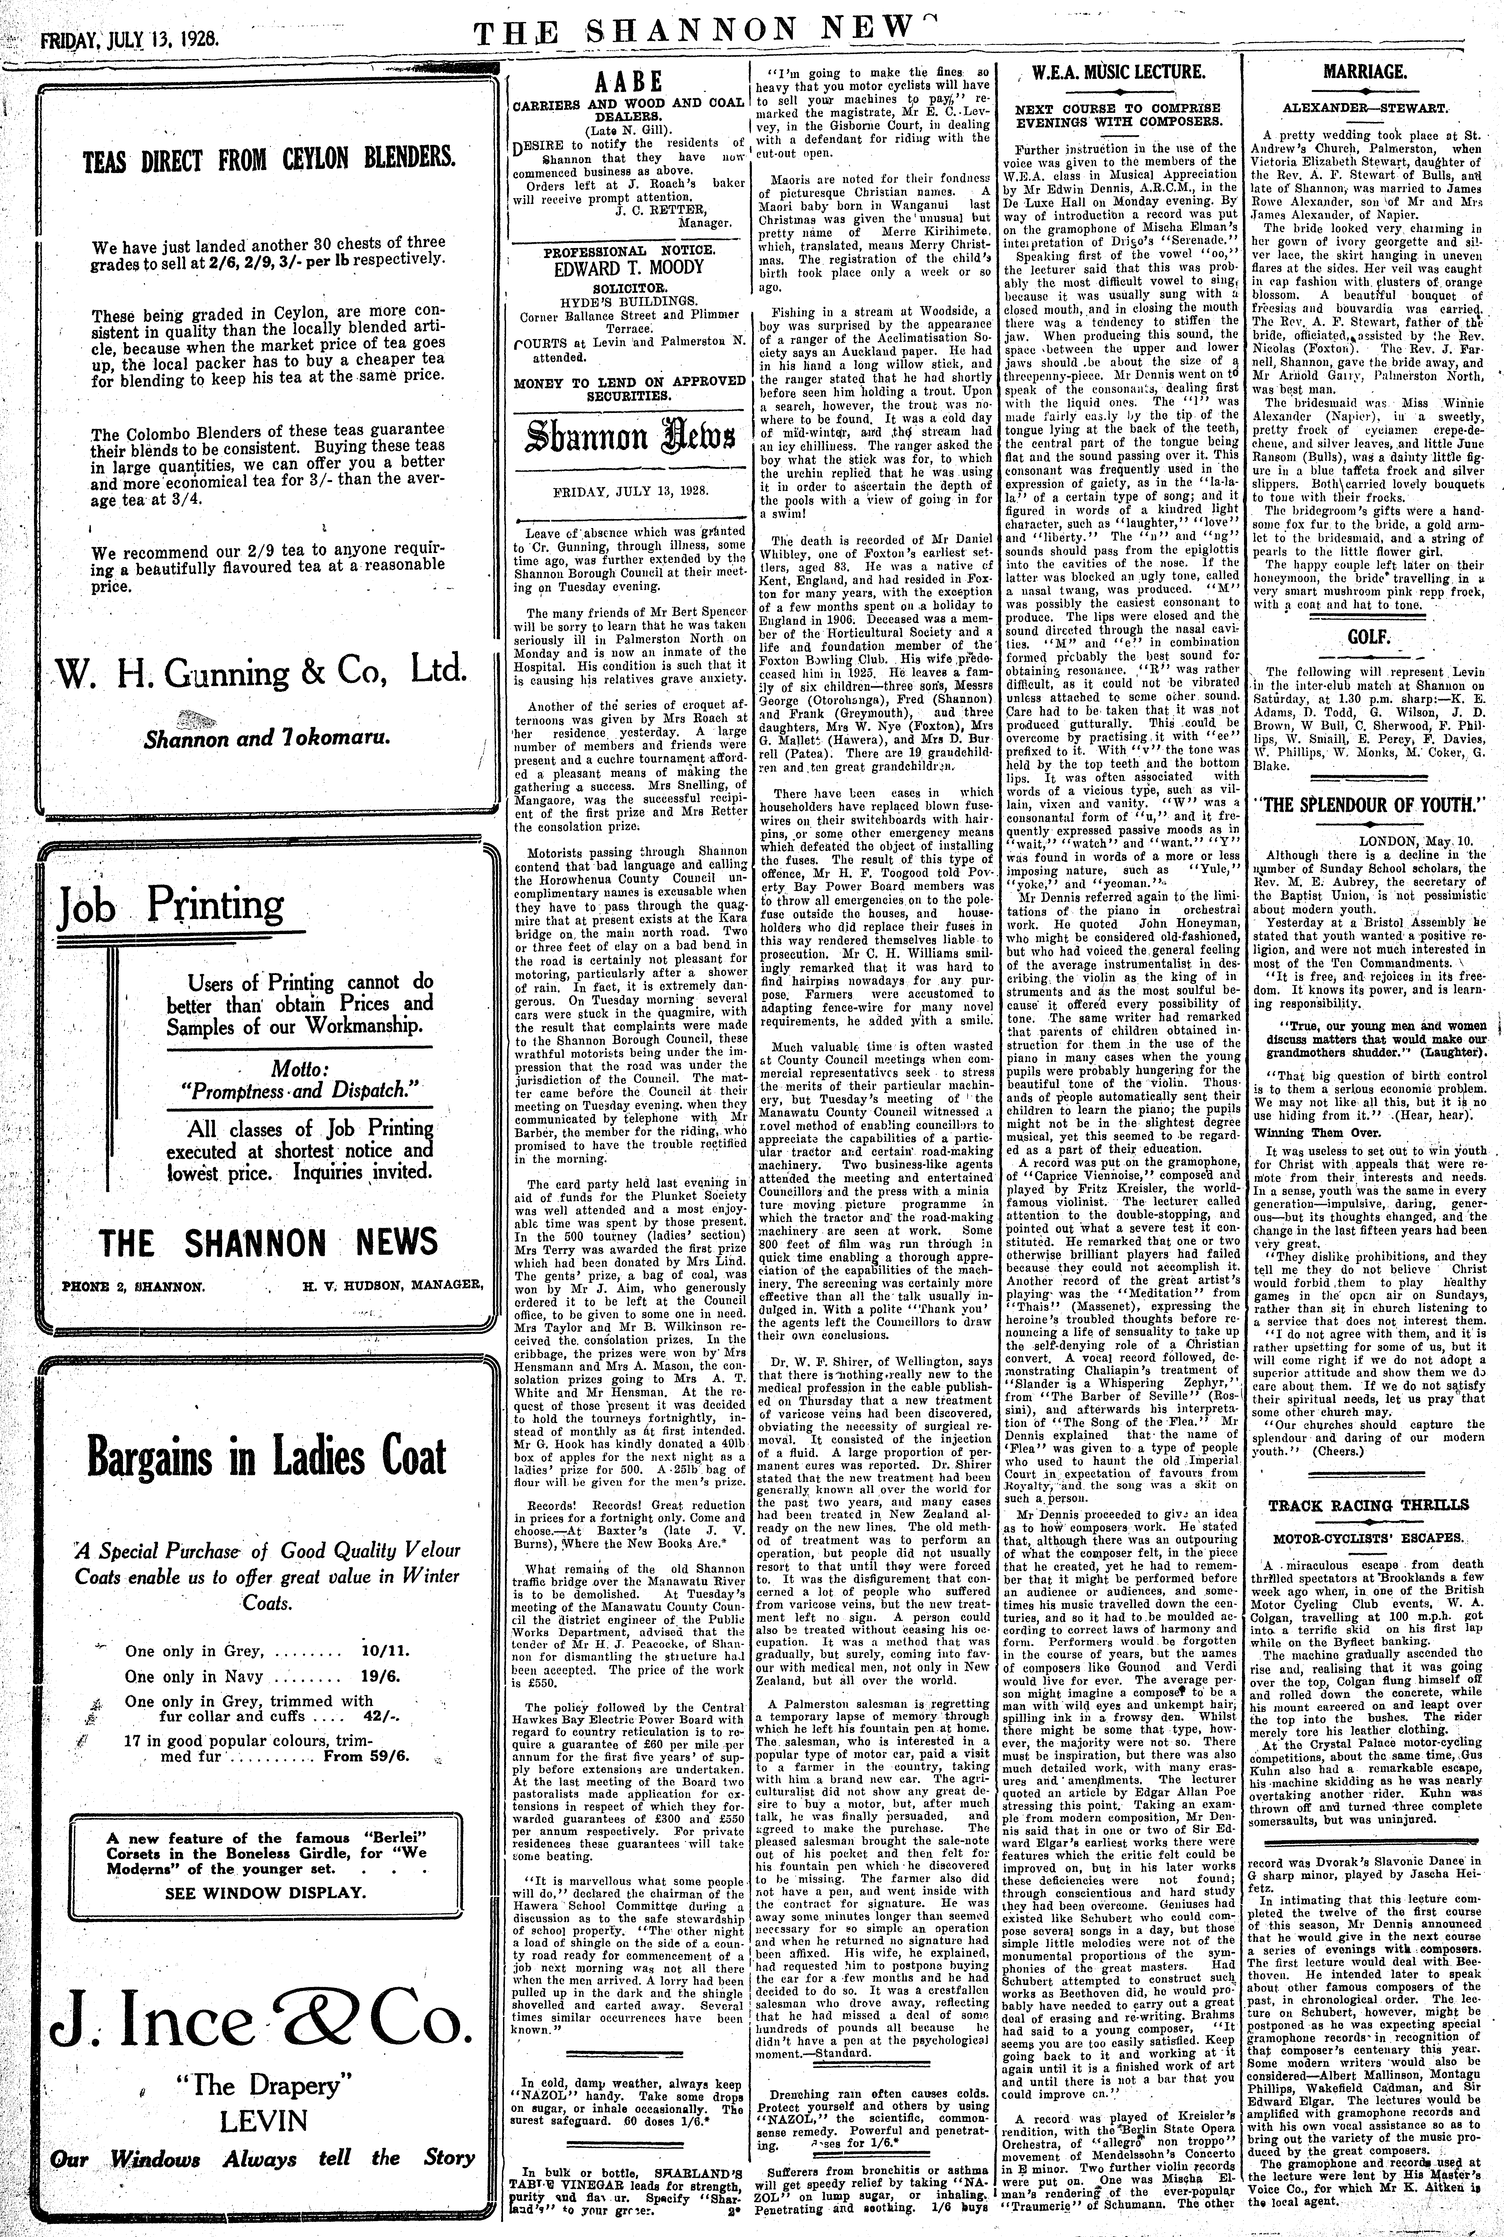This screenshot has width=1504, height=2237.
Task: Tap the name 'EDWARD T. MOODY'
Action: click(x=628, y=268)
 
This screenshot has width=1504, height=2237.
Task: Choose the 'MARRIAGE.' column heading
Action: click(x=1365, y=72)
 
